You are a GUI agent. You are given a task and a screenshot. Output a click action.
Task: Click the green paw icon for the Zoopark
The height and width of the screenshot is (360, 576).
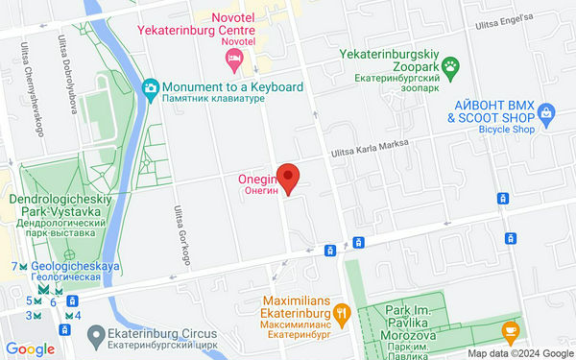(451, 66)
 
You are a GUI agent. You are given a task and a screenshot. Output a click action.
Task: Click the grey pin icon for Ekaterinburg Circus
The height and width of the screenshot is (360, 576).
(95, 337)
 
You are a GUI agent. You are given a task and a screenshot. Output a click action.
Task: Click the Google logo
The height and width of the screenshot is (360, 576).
(29, 349)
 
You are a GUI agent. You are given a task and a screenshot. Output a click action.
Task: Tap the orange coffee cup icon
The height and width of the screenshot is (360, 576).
(510, 332)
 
